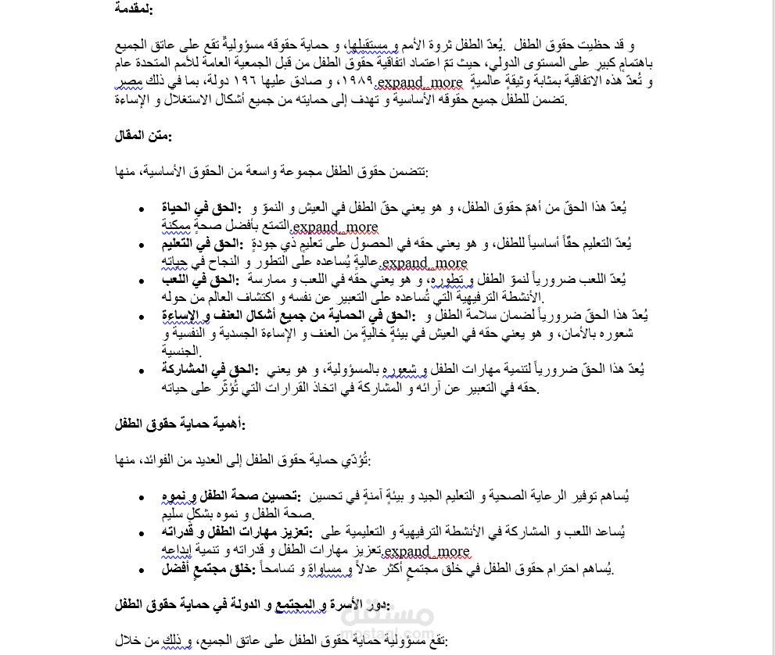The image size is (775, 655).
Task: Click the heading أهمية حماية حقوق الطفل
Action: (179, 424)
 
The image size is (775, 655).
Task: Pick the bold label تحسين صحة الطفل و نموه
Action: (235, 496)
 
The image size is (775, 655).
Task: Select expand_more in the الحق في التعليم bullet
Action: (425, 263)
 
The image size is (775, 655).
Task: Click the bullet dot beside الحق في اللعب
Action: (141, 281)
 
